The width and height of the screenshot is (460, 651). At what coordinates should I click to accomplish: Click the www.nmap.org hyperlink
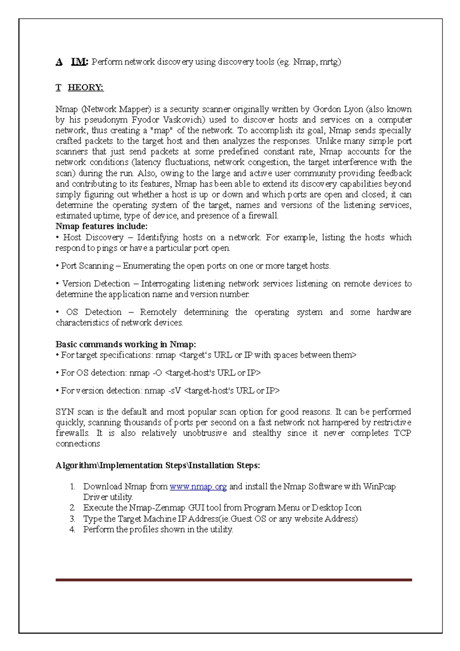(198, 487)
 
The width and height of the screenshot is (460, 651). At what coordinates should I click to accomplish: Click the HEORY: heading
(85, 88)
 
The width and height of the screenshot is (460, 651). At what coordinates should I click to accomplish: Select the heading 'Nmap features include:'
(102, 226)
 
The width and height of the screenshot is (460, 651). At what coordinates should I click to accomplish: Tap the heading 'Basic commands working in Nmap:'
(126, 344)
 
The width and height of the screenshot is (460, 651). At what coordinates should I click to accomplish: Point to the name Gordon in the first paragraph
(327, 109)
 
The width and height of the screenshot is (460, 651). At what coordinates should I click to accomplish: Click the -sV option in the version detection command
(174, 391)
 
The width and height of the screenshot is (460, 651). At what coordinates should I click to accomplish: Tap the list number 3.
(72, 519)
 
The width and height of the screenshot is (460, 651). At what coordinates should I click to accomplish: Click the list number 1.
(72, 487)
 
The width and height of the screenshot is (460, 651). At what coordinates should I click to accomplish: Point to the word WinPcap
(379, 487)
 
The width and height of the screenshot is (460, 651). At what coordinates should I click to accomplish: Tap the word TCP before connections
(402, 433)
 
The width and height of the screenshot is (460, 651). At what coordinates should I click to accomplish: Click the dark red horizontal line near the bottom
(234, 580)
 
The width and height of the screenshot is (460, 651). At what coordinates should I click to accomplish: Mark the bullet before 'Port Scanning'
(58, 266)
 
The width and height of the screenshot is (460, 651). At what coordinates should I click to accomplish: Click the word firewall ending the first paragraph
(263, 216)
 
